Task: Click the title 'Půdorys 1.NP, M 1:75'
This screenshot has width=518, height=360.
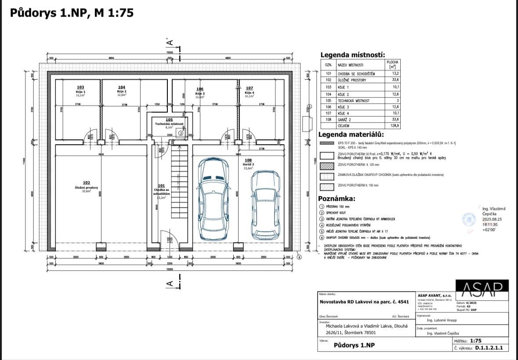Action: (x=72, y=13)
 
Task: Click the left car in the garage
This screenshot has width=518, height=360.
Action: (x=213, y=197)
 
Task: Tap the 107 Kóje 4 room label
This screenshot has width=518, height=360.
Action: (x=249, y=90)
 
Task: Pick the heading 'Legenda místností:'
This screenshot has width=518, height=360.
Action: (x=352, y=55)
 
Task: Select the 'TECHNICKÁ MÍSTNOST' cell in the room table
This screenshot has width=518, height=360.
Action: (x=354, y=101)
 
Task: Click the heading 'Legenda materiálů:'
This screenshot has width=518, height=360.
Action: (x=351, y=135)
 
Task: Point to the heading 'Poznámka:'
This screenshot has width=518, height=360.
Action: (x=337, y=198)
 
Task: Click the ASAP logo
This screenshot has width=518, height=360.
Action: (x=482, y=288)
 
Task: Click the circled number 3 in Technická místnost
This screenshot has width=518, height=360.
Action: (x=181, y=140)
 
